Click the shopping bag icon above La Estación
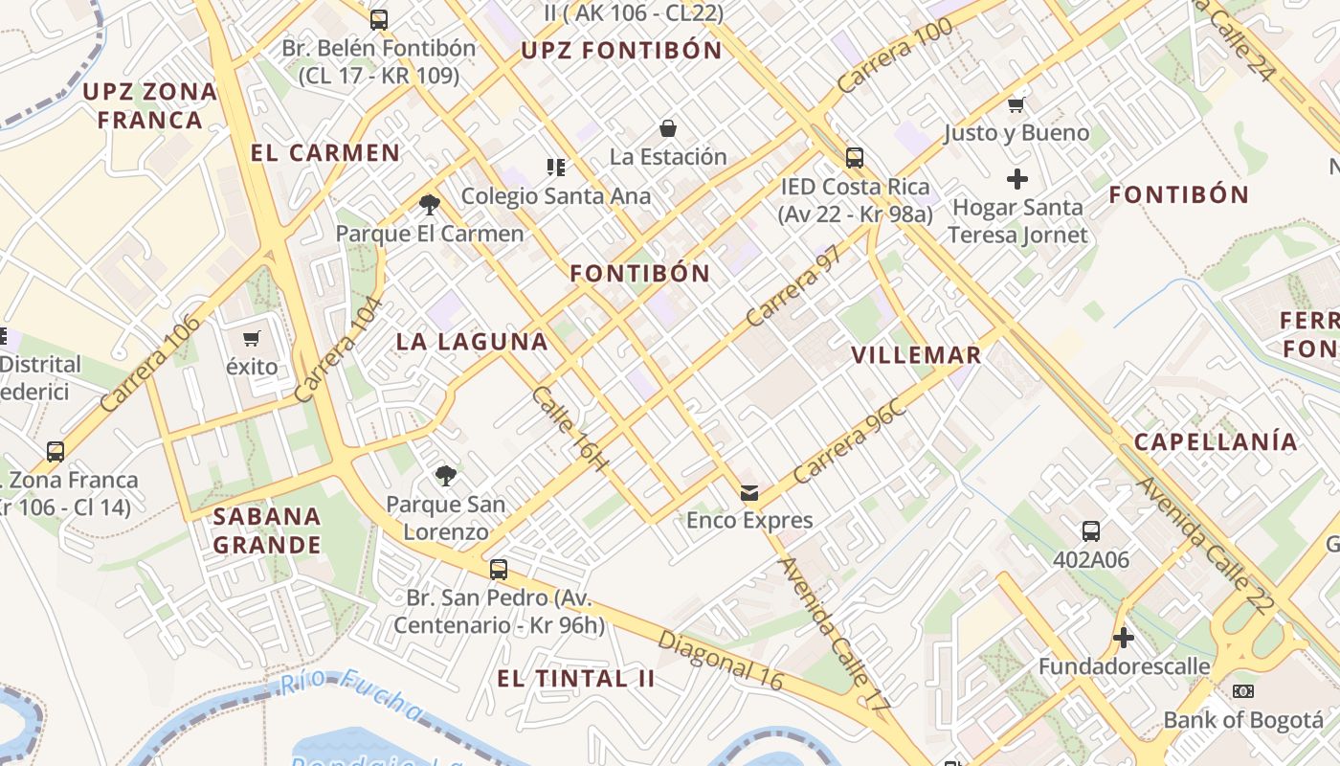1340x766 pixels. (668, 128)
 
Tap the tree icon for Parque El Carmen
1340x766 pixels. (430, 204)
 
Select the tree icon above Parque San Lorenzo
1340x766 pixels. (445, 475)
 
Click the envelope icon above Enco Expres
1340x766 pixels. (749, 493)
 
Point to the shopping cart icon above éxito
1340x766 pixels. (252, 338)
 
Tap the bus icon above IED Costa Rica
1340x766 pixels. (854, 158)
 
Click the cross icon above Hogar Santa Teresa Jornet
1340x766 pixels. (1017, 179)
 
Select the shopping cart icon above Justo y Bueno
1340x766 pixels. (1016, 104)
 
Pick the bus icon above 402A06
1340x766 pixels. (1091, 531)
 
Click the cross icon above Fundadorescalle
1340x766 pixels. (1124, 638)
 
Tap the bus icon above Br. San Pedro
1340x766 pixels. (498, 570)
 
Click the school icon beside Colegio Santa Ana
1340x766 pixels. (555, 169)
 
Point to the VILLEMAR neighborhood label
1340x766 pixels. (916, 355)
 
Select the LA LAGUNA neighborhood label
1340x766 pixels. (472, 342)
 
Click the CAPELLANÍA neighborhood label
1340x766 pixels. (1216, 441)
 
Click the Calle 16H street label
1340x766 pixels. (569, 428)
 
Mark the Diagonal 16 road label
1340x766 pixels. (721, 661)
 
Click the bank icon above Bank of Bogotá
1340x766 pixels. (1243, 691)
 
